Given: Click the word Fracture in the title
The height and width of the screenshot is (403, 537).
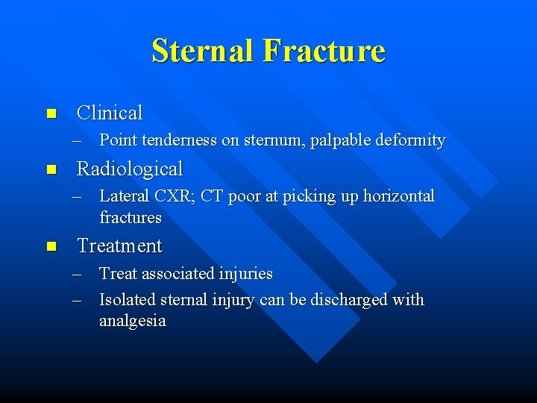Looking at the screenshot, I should pyautogui.click(x=324, y=51).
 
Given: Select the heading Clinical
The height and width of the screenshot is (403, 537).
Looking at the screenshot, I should pyautogui.click(x=110, y=113).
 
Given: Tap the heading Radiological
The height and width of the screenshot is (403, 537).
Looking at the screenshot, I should pyautogui.click(x=130, y=169).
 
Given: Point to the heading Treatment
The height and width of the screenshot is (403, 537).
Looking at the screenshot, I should pyautogui.click(x=119, y=246).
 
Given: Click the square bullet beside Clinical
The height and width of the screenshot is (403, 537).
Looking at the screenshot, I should pyautogui.click(x=51, y=114).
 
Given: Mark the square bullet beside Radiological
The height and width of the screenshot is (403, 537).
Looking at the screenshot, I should pyautogui.click(x=51, y=169).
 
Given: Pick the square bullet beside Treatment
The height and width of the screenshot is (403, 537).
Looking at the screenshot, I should pyautogui.click(x=51, y=246).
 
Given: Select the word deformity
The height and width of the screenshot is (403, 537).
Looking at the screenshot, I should pyautogui.click(x=412, y=140).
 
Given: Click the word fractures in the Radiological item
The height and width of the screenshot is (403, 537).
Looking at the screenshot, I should pyautogui.click(x=131, y=218).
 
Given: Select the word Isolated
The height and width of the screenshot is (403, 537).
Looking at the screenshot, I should pyautogui.click(x=128, y=300).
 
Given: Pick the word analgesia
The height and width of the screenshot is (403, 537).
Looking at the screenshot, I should pyautogui.click(x=132, y=322).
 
